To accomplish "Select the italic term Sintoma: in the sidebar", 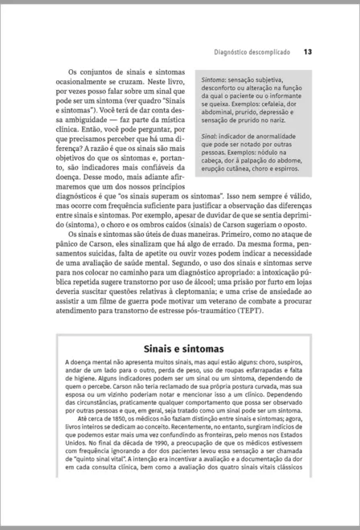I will [x=213, y=82].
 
